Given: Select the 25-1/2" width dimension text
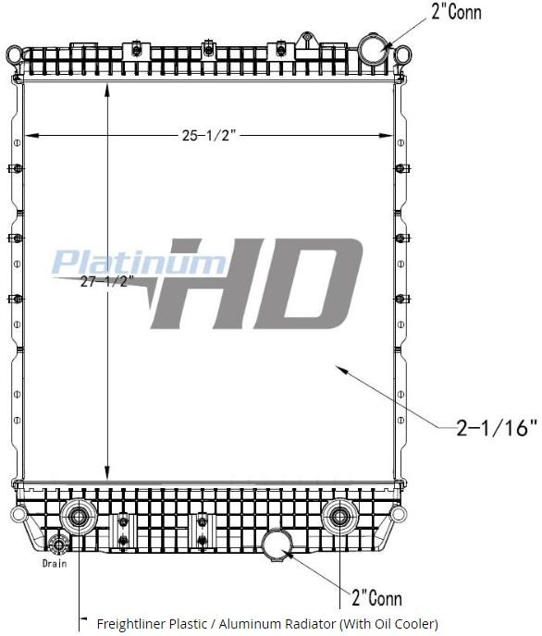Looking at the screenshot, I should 209,136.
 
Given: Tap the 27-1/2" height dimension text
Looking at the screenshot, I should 107,281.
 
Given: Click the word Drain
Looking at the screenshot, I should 55,564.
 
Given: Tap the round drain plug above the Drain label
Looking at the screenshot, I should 60,544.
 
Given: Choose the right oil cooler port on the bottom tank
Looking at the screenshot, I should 340,515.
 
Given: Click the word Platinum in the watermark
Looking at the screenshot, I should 139,263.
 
